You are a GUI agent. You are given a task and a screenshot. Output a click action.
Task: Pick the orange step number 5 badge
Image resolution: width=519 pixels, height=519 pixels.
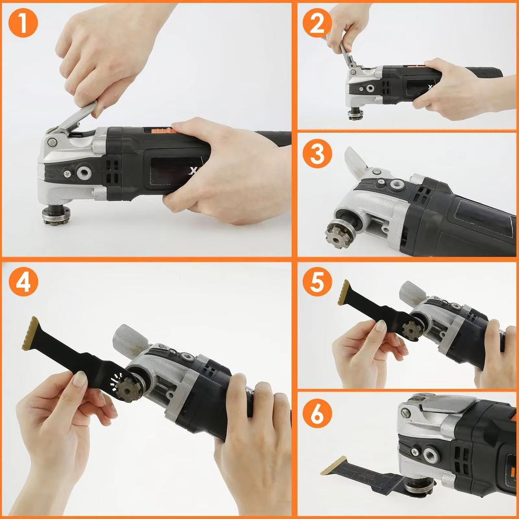pos(317,282)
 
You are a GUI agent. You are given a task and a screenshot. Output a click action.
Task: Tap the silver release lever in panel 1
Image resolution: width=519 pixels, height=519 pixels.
pos(76,117)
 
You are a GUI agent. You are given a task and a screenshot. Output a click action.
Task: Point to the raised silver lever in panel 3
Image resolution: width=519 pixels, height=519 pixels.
pos(356,162)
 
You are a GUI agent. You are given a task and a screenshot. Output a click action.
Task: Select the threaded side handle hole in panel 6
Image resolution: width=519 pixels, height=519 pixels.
pos(432,455)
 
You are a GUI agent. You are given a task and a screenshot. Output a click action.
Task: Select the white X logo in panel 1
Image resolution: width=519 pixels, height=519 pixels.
pos(193,171)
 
